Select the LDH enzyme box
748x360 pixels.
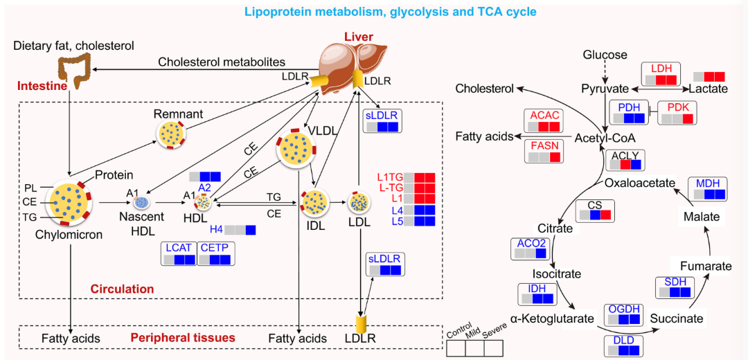661,74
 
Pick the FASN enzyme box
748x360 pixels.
546,151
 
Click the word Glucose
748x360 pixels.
605,55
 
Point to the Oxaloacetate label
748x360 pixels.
639,183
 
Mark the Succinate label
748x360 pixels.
677,318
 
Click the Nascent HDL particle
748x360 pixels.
142,202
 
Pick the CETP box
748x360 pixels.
216,253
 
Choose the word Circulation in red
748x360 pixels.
122,288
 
